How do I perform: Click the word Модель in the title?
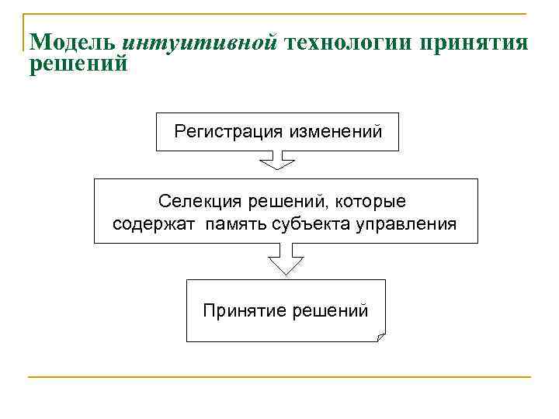(x=72, y=42)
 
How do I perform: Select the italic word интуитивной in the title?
(x=200, y=42)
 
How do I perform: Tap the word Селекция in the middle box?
(x=200, y=202)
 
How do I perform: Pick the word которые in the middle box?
(x=372, y=202)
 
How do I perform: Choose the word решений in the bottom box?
(x=330, y=312)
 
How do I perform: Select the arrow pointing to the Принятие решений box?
(x=285, y=260)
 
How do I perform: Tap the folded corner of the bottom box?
(x=379, y=336)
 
